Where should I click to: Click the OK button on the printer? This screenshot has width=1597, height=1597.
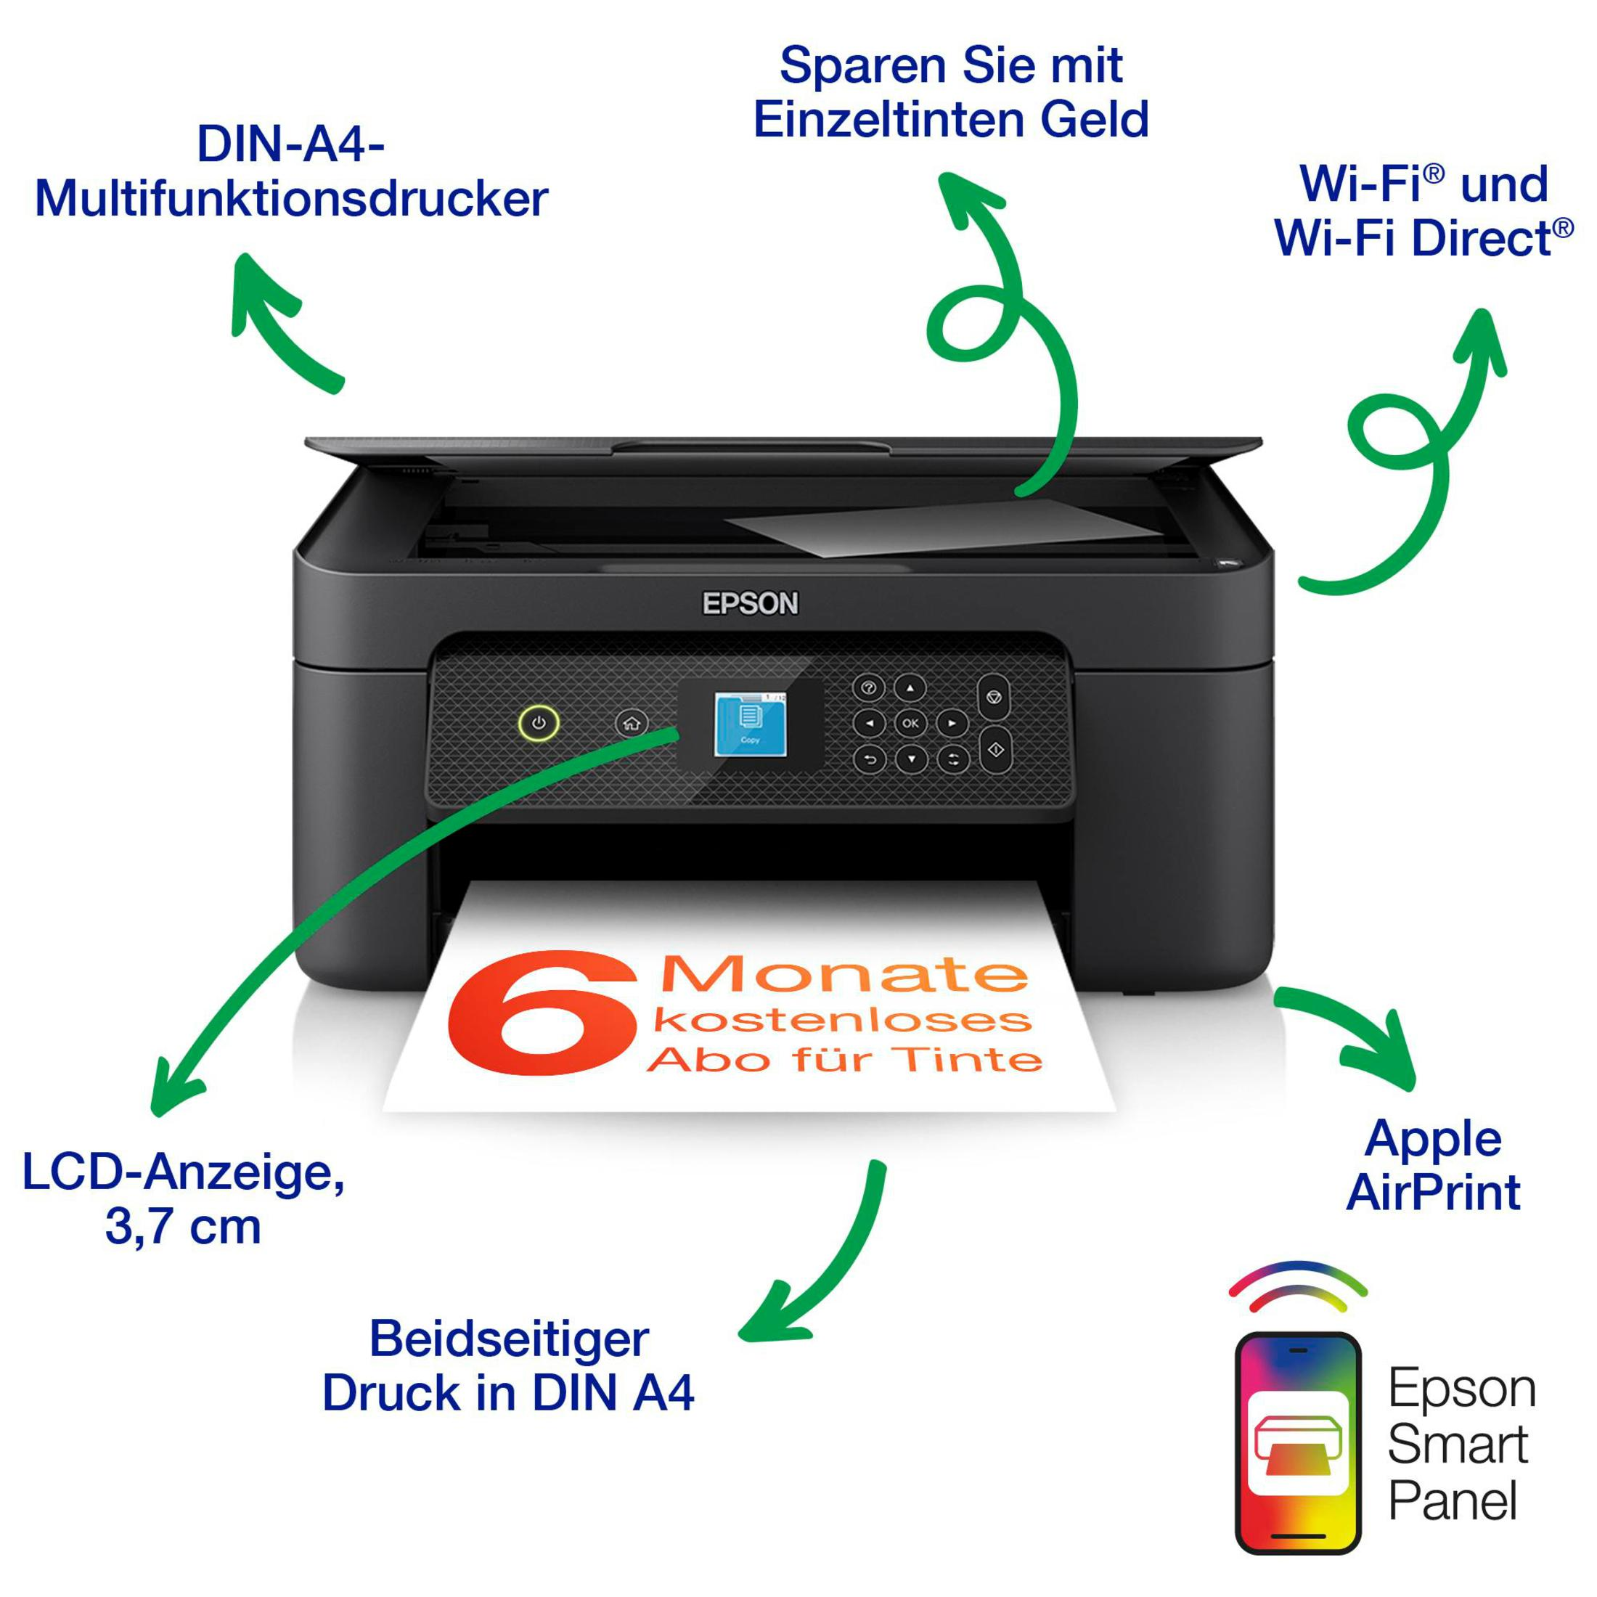tap(910, 723)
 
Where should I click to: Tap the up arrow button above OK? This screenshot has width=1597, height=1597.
tap(910, 687)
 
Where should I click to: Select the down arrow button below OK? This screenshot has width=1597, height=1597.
tap(911, 759)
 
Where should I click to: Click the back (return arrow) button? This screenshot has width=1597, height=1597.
tap(869, 759)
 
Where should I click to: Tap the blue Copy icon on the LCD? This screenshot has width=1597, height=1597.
tap(750, 724)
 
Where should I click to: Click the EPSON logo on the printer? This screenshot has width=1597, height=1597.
tap(751, 603)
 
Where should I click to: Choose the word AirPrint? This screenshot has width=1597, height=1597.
tap(1434, 1191)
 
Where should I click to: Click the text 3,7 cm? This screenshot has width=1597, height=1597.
tap(183, 1226)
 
